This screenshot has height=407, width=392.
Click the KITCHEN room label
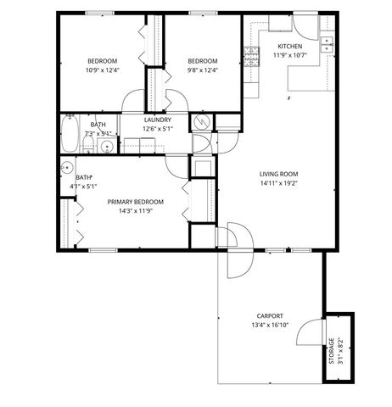[289, 46]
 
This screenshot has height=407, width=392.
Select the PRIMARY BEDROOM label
[135, 202]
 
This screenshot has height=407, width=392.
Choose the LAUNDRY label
[158, 120]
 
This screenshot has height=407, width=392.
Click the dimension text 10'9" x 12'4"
[102, 70]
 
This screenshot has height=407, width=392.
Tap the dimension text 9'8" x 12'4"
[202, 70]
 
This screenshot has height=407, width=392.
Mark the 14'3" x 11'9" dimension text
[135, 211]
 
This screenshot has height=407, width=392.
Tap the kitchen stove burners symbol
[251, 56]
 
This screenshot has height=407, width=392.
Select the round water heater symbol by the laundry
[202, 122]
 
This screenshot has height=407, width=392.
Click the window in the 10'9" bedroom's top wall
[99, 13]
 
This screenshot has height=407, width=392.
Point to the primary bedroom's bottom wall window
[102, 249]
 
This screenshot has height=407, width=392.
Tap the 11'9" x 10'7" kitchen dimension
[289, 55]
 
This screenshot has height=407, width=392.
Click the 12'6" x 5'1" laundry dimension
[158, 129]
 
